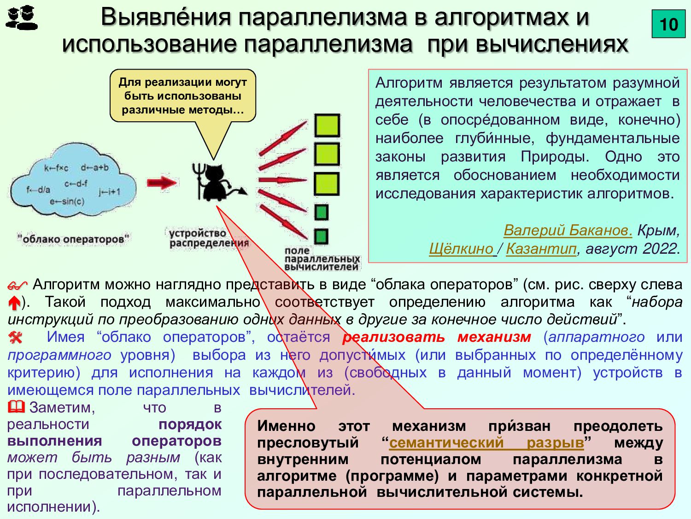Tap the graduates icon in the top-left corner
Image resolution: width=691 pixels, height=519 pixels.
[21, 18]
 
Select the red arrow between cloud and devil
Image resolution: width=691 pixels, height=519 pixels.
[161, 183]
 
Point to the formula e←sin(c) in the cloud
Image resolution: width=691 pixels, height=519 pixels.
[67, 201]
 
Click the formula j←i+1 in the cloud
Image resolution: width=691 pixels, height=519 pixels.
[109, 191]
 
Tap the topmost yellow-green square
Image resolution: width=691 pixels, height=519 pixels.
[327, 125]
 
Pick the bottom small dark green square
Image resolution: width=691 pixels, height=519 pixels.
[321, 237]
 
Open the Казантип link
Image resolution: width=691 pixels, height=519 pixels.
[541, 249]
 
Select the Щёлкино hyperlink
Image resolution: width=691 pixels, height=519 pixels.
[461, 249]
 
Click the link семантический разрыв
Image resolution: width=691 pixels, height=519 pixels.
[486, 442]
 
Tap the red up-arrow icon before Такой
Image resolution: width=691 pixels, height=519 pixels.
[14, 303]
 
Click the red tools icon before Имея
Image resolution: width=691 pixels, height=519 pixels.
[15, 338]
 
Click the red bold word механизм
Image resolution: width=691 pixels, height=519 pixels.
[494, 337]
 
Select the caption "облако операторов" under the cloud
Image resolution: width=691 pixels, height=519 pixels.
[74, 239]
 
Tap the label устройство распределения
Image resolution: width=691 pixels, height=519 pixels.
[208, 238]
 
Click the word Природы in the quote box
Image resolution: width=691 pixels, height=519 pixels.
[555, 156]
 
